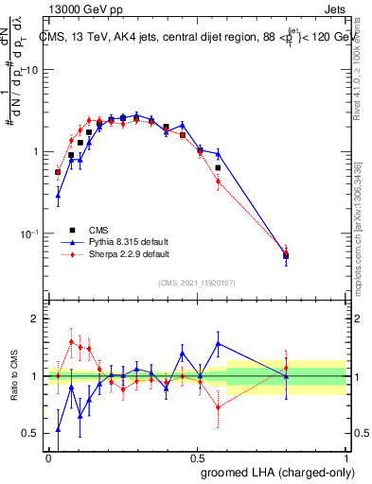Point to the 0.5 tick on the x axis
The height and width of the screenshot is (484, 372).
[x=198, y=457]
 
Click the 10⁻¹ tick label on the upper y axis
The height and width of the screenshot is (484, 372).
[x=31, y=233]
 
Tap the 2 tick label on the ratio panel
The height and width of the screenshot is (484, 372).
[x=36, y=320]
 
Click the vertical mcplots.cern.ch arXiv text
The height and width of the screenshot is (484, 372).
[x=358, y=227]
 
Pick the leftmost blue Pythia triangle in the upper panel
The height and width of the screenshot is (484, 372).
[x=58, y=196]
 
